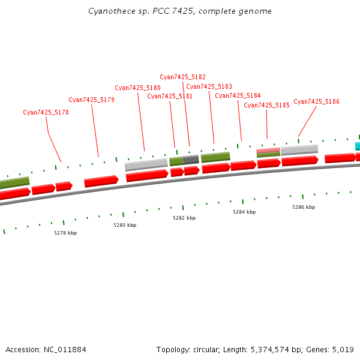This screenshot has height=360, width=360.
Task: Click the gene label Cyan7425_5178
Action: click(46, 112)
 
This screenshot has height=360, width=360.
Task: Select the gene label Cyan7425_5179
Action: click(91, 100)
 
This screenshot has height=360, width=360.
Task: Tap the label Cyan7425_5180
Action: click(137, 88)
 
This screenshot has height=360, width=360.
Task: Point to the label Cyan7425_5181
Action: click(170, 96)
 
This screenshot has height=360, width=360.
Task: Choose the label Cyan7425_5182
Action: click(182, 77)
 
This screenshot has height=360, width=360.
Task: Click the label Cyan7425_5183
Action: click(209, 86)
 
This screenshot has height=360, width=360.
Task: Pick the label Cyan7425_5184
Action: click(238, 95)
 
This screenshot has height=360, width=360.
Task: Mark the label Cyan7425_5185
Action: click(266, 105)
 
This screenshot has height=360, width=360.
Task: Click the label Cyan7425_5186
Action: click(316, 102)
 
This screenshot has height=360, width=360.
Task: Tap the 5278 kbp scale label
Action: click(65, 232)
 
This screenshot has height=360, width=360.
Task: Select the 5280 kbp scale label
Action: click(125, 225)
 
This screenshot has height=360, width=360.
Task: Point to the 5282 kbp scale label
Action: click(184, 218)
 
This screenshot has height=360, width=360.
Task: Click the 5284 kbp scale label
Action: click(244, 212)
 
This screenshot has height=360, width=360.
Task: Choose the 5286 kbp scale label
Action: click(304, 207)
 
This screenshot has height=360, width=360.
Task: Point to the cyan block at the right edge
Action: click(358, 146)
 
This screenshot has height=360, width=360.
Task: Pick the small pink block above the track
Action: click(268, 150)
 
